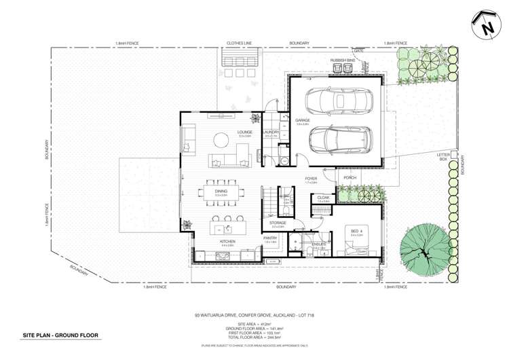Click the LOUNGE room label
tap(245, 132)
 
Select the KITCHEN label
tap(227, 241)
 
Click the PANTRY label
tap(270, 238)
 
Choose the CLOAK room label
tap(323, 198)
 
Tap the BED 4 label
tap(355, 231)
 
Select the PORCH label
tap(350, 178)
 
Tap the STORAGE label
tap(277, 222)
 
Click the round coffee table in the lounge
tap(221, 141)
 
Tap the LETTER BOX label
tap(444, 158)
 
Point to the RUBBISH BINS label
tap(342, 60)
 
